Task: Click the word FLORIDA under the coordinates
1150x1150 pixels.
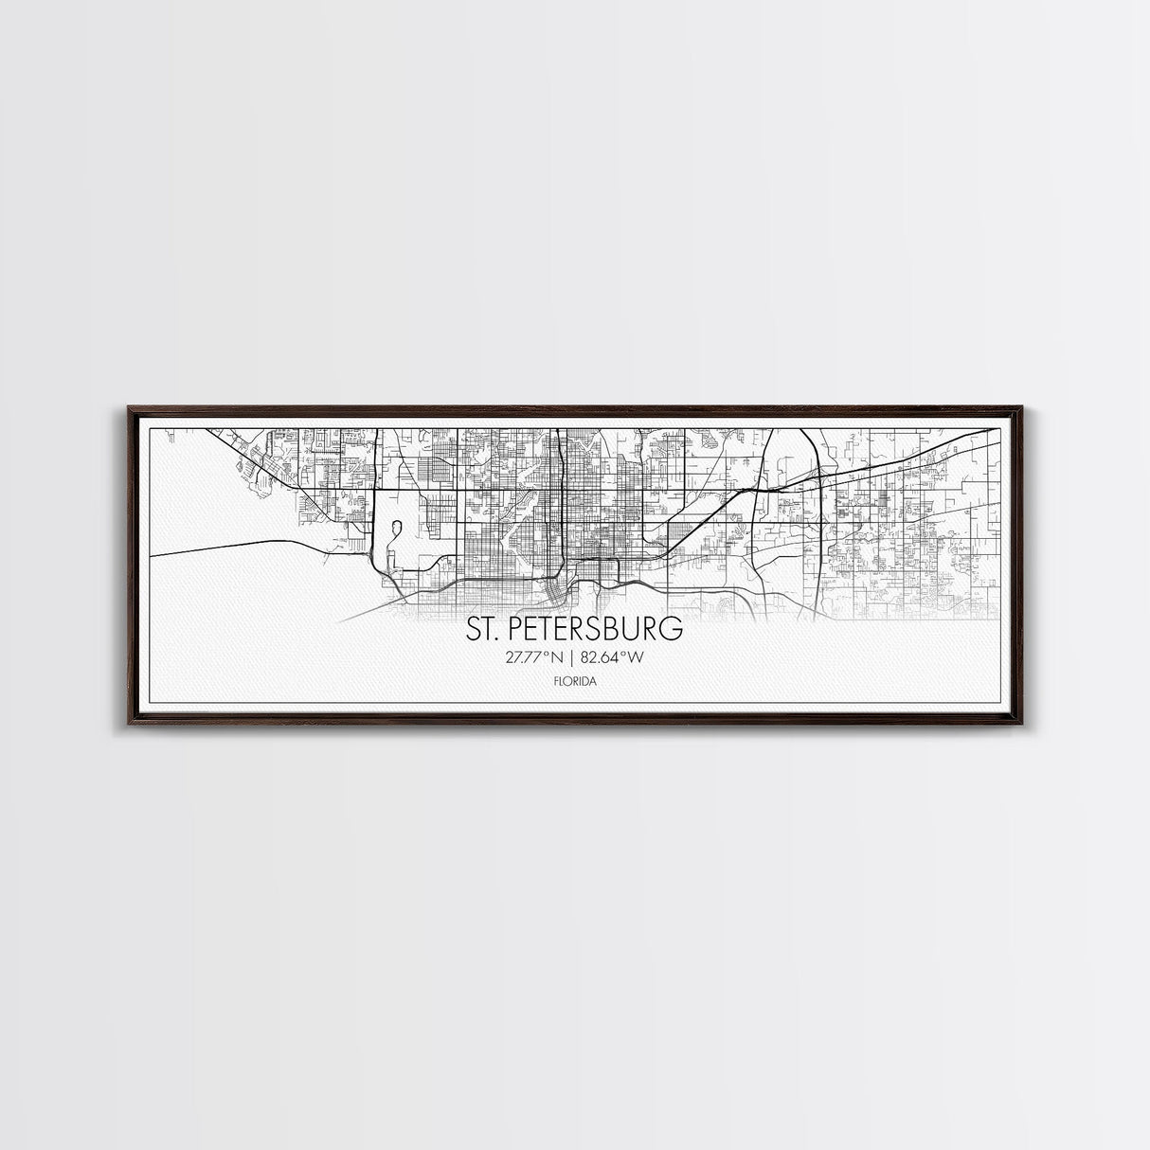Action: (574, 680)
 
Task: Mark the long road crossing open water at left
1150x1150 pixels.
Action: (246, 543)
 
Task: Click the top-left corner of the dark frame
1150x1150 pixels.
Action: (129, 408)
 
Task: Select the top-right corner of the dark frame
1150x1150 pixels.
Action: (1022, 408)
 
